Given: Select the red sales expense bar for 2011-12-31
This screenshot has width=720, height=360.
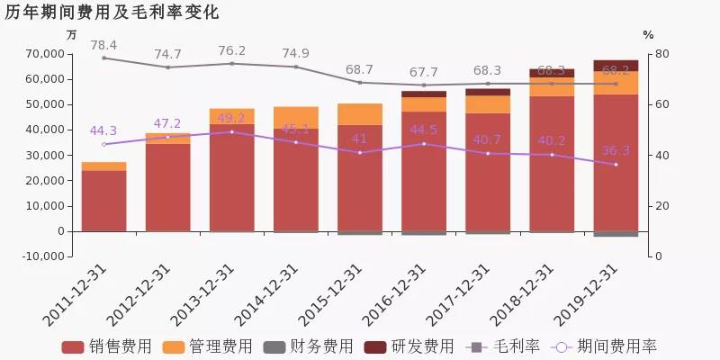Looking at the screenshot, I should pos(103,201).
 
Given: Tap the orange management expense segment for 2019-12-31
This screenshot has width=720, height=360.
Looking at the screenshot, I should pos(616,83).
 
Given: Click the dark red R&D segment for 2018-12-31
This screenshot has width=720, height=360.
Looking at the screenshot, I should pos(552,73).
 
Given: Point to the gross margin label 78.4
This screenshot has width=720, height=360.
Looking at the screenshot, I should pos(103,44).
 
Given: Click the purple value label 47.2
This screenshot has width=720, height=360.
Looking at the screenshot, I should pos(167,123).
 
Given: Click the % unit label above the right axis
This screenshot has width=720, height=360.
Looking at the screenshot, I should pos(648,34).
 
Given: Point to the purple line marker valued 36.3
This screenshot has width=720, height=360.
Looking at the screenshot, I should pos(616,165).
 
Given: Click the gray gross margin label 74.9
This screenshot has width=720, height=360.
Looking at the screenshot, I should pos(295,52).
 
